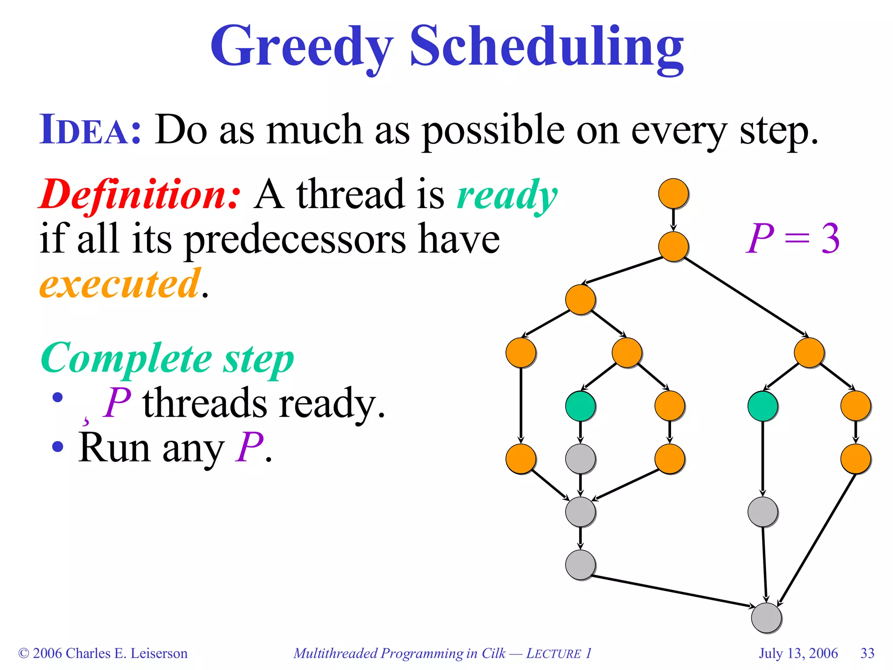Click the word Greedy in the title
pyautogui.click(x=302, y=47)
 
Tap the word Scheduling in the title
pyautogui.click(x=546, y=47)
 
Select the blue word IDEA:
pyautogui.click(x=90, y=130)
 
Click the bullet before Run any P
pyautogui.click(x=58, y=447)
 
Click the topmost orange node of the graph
pyautogui.click(x=673, y=193)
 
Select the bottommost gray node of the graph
pyautogui.click(x=766, y=618)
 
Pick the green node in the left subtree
pyautogui.click(x=580, y=406)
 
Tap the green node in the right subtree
pyautogui.click(x=763, y=406)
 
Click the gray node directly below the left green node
pyautogui.click(x=580, y=459)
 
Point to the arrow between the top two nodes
pyautogui.click(x=673, y=220)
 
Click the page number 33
pyautogui.click(x=867, y=653)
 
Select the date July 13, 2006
pyautogui.click(x=798, y=653)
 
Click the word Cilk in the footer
pyautogui.click(x=493, y=653)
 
